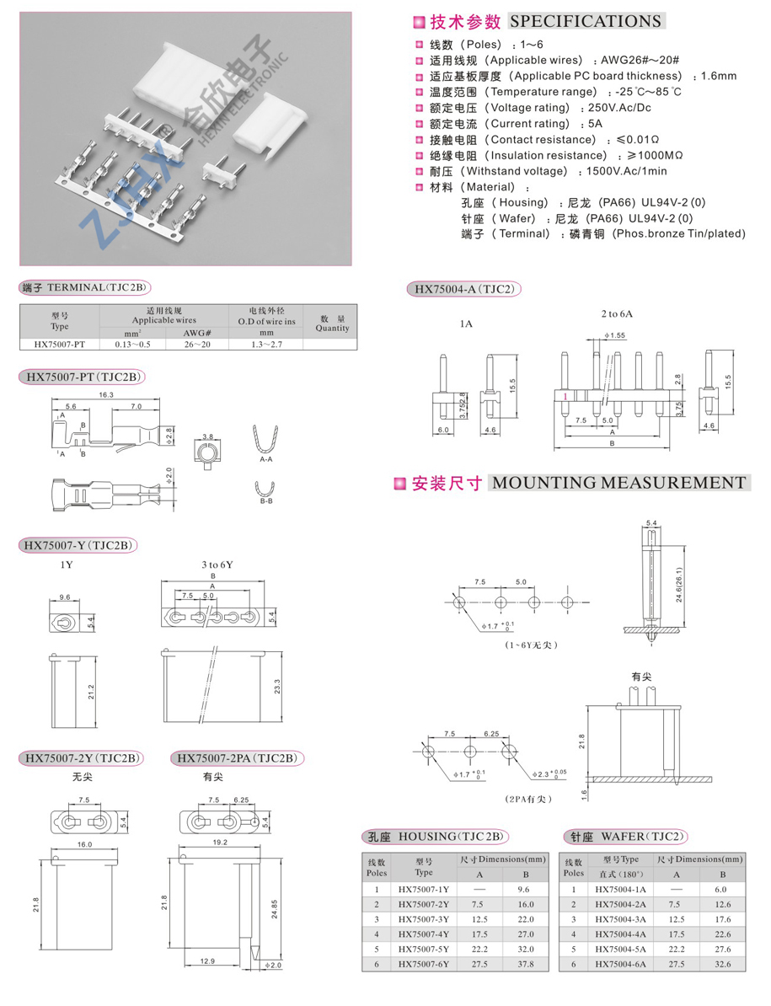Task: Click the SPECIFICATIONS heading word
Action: point(586,22)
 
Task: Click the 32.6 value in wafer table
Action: point(720,964)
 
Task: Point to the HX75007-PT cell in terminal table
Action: point(59,344)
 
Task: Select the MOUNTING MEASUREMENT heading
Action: point(618,483)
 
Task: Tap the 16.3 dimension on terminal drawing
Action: point(107,394)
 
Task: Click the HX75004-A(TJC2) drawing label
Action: point(463,290)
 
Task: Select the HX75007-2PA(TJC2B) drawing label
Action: point(237,758)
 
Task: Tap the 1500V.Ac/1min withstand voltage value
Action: point(621,171)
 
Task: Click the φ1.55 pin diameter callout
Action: point(614,335)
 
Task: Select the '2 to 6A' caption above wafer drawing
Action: point(616,313)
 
